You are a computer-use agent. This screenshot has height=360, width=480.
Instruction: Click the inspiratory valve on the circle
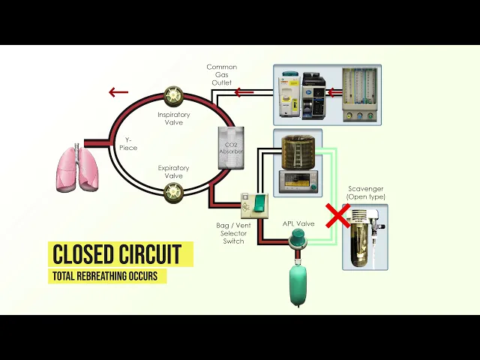click(174, 96)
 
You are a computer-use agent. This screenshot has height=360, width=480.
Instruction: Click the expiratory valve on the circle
click(174, 193)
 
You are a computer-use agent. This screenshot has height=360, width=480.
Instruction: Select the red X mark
click(337, 215)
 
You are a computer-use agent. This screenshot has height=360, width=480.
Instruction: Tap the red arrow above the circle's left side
click(118, 92)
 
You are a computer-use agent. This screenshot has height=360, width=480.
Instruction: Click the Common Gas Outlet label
click(222, 75)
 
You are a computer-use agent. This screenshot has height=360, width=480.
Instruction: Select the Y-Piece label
click(128, 143)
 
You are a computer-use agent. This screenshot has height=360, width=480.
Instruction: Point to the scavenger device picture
click(365, 236)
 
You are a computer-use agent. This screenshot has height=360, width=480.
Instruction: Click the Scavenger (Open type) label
click(366, 192)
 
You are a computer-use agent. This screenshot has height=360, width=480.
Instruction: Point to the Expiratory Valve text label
click(173, 172)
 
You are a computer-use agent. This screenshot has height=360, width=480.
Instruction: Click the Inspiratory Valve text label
click(173, 118)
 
